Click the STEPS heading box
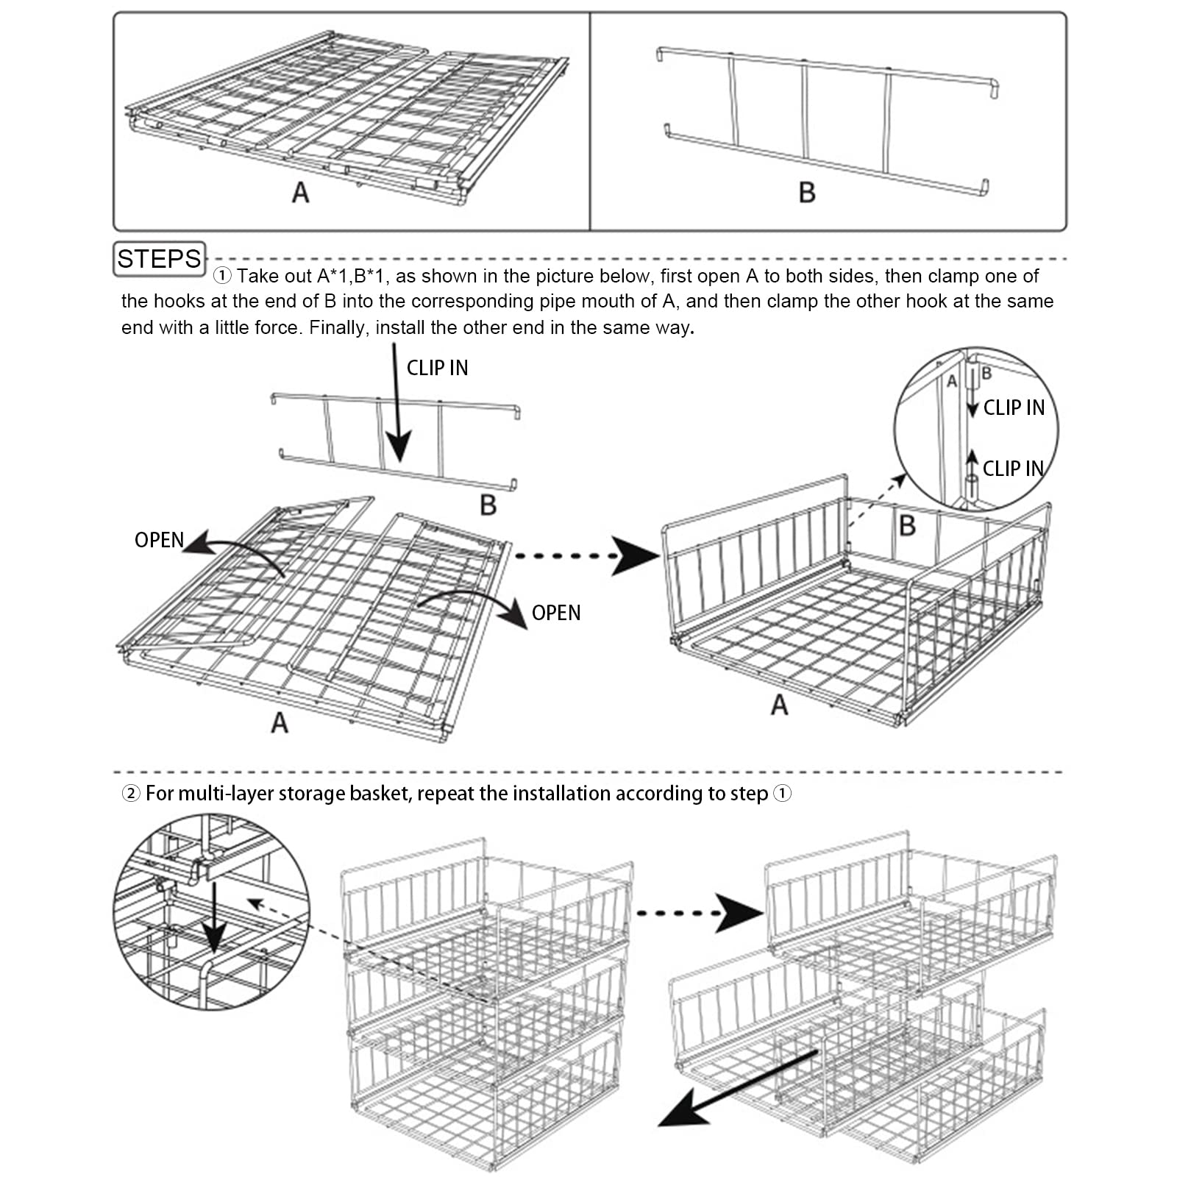[159, 259]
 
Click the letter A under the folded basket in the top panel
[300, 193]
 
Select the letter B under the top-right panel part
[807, 193]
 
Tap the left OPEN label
[159, 540]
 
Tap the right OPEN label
[556, 613]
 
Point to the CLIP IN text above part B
[437, 368]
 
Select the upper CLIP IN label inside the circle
[1014, 408]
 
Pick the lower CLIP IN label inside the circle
[1013, 469]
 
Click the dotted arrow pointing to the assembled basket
[588, 555]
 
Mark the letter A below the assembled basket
[779, 705]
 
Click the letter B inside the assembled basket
[907, 526]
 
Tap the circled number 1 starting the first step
[222, 277]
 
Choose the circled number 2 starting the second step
[131, 794]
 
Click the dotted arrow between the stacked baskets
[699, 913]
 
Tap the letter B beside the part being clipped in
[488, 505]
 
